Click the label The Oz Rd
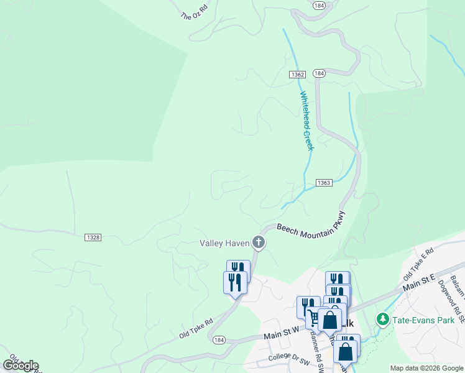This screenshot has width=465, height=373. click(193, 13)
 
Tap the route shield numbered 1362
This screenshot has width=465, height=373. click(297, 75)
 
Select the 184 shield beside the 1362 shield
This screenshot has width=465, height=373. click(319, 73)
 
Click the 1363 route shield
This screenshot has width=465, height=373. click(324, 183)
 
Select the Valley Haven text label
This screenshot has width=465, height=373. click(224, 243)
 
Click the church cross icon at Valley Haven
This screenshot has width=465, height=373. click(258, 242)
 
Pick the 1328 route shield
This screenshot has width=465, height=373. click(93, 237)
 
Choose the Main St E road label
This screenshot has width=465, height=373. click(420, 281)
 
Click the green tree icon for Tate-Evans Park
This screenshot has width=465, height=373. click(383, 320)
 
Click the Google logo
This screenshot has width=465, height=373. click(20, 366)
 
